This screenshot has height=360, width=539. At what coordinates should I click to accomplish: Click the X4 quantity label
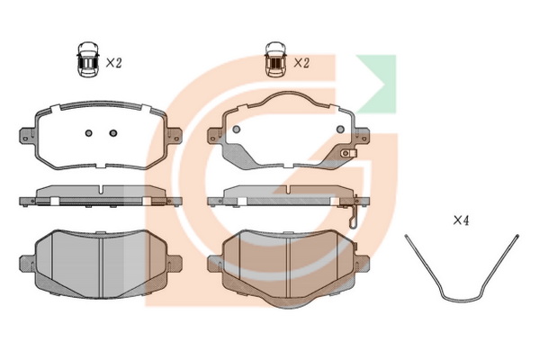(461, 220)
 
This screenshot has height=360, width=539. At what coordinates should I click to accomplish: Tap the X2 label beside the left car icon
(113, 63)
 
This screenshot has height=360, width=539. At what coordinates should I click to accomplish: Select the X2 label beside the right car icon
(301, 63)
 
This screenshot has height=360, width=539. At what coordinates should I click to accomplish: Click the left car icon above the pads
(88, 59)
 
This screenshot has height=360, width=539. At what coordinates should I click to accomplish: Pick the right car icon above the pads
(275, 59)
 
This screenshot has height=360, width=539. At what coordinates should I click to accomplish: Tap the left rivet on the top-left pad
(89, 133)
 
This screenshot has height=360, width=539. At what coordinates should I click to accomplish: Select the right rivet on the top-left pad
(113, 133)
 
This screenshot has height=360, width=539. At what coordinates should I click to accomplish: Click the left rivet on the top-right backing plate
(236, 130)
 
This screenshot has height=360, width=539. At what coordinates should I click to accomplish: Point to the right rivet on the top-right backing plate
(340, 130)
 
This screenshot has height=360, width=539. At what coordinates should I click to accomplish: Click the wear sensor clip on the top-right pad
(348, 153)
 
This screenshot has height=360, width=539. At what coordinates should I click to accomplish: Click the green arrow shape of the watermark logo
(377, 84)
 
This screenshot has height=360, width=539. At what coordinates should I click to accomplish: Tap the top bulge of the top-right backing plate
(289, 97)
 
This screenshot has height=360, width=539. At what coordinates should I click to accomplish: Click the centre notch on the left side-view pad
(102, 190)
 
